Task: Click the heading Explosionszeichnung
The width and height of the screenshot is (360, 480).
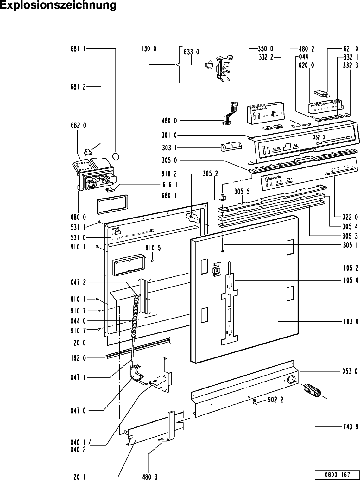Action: pyautogui.click(x=58, y=5)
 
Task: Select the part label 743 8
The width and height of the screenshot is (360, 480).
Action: pyautogui.click(x=351, y=426)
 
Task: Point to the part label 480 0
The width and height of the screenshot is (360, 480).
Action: pyautogui.click(x=169, y=121)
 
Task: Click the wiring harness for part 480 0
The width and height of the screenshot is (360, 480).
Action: pyautogui.click(x=230, y=113)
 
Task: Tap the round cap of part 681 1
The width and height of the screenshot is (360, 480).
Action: pyautogui.click(x=116, y=156)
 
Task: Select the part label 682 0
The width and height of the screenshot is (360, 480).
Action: pyautogui.click(x=78, y=125)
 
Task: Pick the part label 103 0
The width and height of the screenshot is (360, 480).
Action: pyautogui.click(x=351, y=321)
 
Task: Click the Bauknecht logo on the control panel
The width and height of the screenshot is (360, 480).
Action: pyautogui.click(x=273, y=178)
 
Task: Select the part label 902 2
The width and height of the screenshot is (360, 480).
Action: pyautogui.click(x=275, y=400)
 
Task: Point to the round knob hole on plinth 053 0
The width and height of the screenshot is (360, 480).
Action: pyautogui.click(x=291, y=380)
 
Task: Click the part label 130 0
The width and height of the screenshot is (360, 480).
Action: pyautogui.click(x=148, y=48)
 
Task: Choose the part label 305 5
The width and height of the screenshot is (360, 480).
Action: pyautogui.click(x=242, y=192)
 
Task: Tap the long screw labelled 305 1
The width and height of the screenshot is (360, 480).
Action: pyautogui.click(x=223, y=245)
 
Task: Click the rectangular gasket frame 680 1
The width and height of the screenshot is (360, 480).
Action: pyautogui.click(x=112, y=204)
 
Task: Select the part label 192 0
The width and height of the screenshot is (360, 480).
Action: pyautogui.click(x=78, y=358)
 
